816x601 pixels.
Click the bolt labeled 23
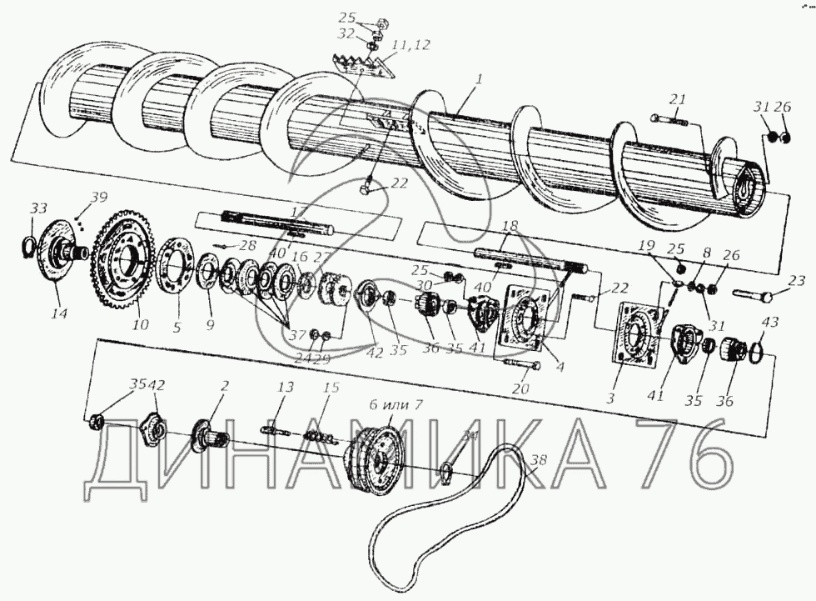click(760, 294)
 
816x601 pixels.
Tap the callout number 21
click(678, 100)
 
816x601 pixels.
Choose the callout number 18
click(510, 227)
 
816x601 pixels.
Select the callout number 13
click(286, 388)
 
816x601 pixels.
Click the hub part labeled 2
click(208, 432)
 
